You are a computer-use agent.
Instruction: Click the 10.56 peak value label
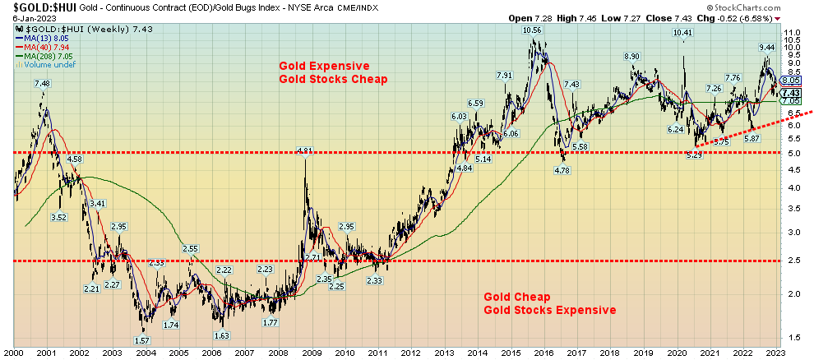533,30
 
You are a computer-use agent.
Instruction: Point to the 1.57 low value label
141,340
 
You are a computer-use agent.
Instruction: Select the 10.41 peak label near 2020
682,33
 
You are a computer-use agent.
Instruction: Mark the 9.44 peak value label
766,47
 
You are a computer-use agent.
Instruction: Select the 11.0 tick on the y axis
793,32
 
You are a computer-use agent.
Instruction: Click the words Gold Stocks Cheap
332,79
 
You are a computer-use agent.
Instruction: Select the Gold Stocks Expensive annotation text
549,310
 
